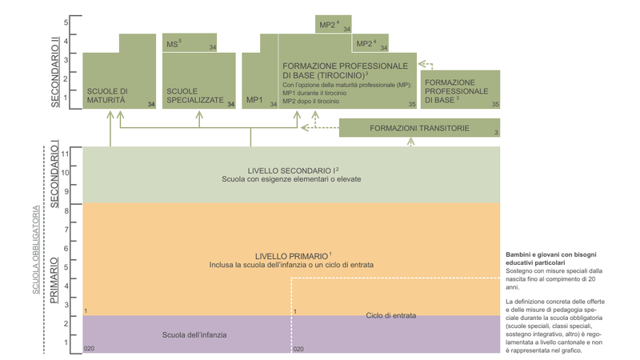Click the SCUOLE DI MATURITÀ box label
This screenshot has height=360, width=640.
107,96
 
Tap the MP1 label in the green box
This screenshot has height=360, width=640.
254,101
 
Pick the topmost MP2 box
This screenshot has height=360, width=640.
330,26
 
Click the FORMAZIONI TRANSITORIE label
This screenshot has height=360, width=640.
418,128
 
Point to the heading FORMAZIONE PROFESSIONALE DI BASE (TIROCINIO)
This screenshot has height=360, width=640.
345,70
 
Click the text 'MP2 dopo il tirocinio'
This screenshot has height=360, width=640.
312,102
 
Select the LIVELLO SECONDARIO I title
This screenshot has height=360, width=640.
293,170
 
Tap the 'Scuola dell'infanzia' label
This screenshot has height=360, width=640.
194,334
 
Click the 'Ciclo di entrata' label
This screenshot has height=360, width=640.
391,315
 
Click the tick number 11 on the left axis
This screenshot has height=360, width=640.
66,153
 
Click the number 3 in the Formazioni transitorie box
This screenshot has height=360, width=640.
496,133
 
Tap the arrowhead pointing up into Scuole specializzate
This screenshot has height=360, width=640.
200,115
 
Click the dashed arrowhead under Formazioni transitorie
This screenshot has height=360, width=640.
411,142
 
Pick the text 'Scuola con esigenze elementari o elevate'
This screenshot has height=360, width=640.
291,179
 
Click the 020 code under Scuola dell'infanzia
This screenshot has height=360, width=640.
89,349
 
